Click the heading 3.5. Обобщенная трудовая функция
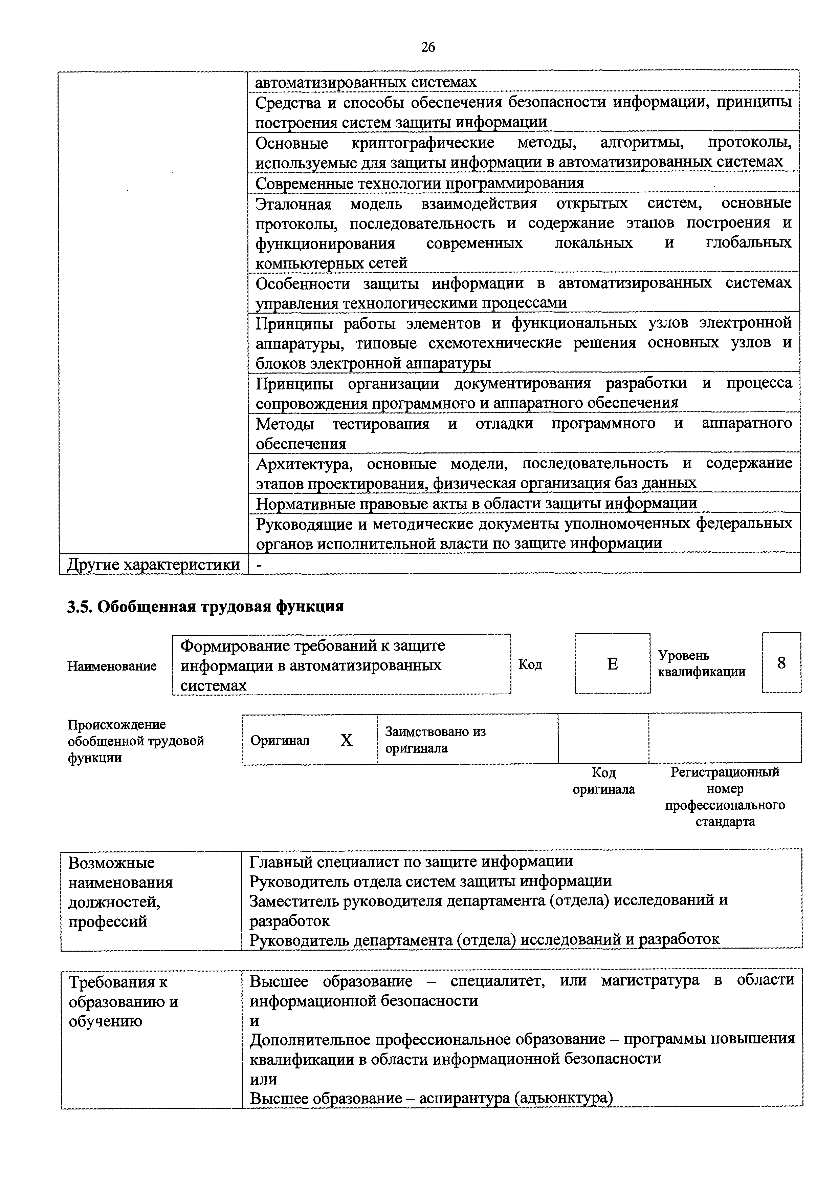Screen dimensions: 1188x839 [205, 606]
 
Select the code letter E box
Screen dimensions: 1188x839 [612, 663]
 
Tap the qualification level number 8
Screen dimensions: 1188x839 [781, 663]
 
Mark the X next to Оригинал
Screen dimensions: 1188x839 [346, 740]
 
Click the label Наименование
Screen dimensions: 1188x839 [112, 666]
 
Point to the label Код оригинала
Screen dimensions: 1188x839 [603, 781]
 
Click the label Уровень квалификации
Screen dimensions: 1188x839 [702, 663]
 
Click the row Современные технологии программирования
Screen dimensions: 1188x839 [419, 183]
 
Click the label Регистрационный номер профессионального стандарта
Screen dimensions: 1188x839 [725, 797]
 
